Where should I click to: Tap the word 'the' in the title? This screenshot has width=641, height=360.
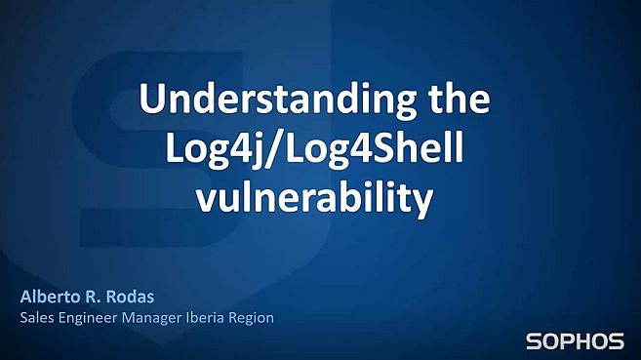click(461, 100)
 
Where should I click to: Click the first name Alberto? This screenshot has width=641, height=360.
click(48, 296)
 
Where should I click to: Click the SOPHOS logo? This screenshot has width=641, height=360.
click(575, 341)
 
